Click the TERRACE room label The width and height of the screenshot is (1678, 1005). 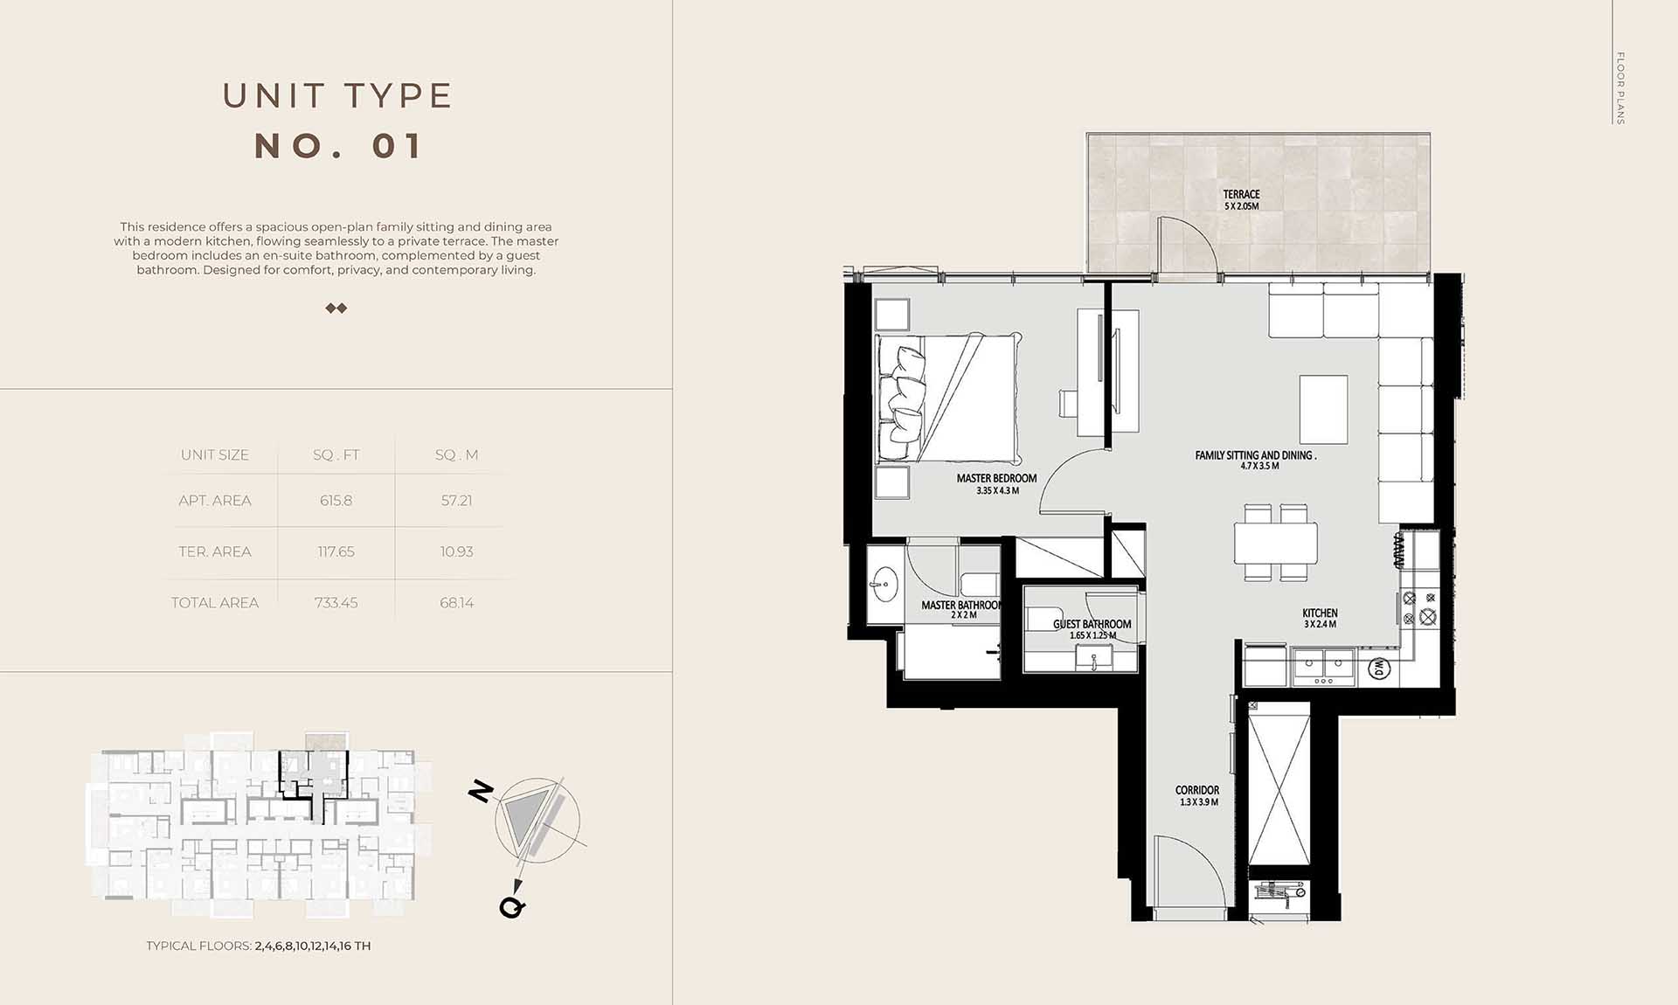pyautogui.click(x=1241, y=194)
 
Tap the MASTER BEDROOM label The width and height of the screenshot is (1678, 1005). pyautogui.click(x=996, y=478)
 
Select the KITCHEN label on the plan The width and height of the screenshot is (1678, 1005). pyautogui.click(x=1320, y=613)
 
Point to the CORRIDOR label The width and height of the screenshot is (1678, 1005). pyautogui.click(x=1197, y=790)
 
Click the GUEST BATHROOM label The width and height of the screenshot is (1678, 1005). pyautogui.click(x=1092, y=624)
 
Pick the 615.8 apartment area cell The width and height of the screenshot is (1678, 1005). pyautogui.click(x=336, y=501)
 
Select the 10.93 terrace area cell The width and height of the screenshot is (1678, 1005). pyautogui.click(x=456, y=551)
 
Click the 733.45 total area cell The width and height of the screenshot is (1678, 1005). pyautogui.click(x=336, y=603)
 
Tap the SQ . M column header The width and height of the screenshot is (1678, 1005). pyautogui.click(x=456, y=454)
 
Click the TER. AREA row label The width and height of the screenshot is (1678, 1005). pyautogui.click(x=215, y=551)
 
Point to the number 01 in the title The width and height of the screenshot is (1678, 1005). pyautogui.click(x=398, y=146)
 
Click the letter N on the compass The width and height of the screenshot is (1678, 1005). pyautogui.click(x=482, y=792)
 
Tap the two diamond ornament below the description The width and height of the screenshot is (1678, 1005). pyautogui.click(x=336, y=308)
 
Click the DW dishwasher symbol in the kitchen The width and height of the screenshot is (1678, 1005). pyautogui.click(x=1378, y=669)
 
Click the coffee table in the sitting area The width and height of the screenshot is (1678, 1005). pyautogui.click(x=1323, y=410)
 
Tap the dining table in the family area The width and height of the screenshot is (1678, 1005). pyautogui.click(x=1276, y=543)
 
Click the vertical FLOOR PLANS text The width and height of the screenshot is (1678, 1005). pyautogui.click(x=1619, y=87)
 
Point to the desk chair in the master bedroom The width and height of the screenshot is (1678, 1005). pyautogui.click(x=1069, y=405)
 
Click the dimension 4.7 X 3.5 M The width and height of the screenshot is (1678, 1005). pyautogui.click(x=1259, y=466)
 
